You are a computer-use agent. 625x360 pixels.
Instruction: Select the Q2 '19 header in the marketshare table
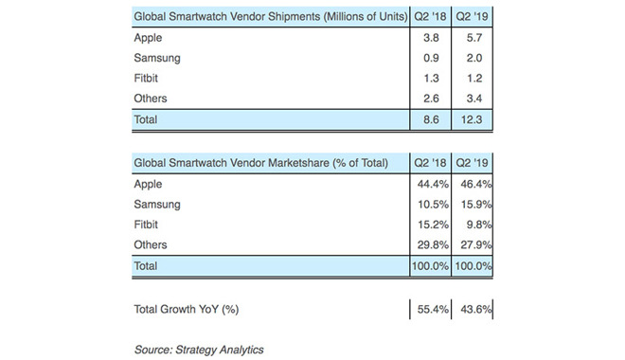pos(474,164)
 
